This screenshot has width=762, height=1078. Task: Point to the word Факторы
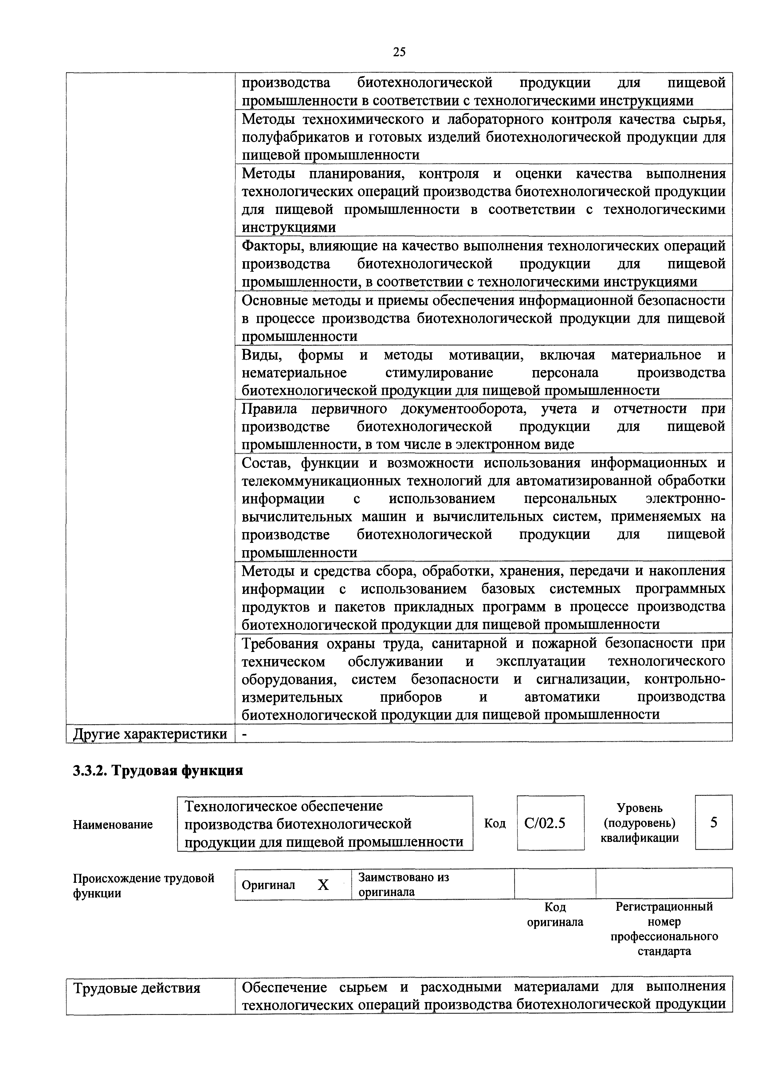(268, 246)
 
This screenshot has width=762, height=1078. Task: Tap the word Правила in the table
(269, 409)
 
